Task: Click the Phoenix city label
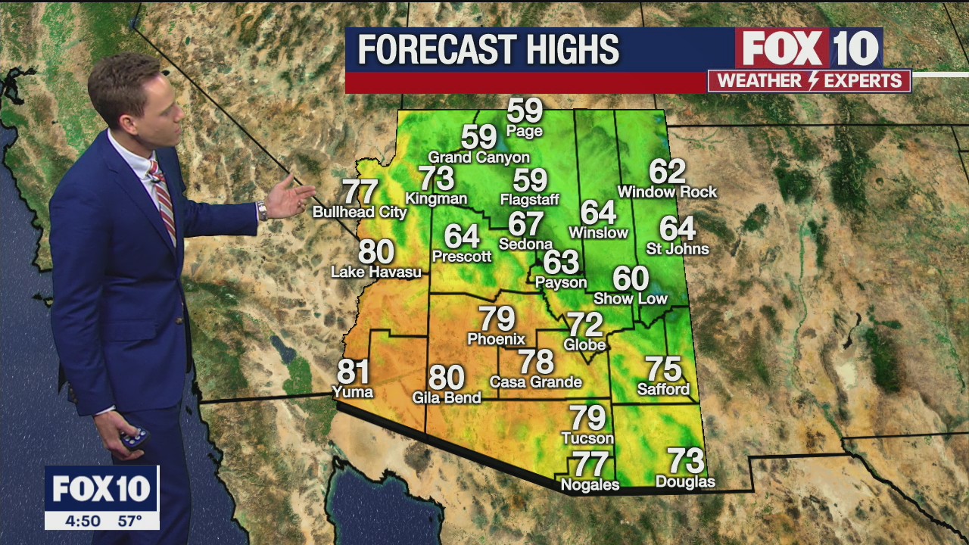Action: point(496,339)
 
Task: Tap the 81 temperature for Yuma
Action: point(353,372)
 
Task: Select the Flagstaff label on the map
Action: point(530,200)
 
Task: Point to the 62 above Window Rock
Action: point(667,172)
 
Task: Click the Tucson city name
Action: point(587,438)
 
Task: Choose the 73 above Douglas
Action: point(685,460)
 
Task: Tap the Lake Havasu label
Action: point(376,272)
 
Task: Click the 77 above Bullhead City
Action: point(360,192)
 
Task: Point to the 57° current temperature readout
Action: point(129,521)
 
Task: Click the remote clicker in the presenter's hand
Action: point(135,438)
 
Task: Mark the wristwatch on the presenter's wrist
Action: point(262,210)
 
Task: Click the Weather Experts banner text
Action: point(809,81)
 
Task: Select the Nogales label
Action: point(590,485)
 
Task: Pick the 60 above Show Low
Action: point(630,279)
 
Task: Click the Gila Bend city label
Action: point(447,397)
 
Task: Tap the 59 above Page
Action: point(525,111)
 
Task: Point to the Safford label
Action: point(663,390)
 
